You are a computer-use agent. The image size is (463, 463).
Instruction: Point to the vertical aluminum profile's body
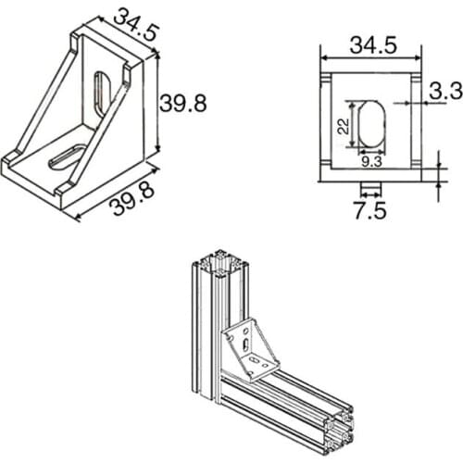pos(206,333)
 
